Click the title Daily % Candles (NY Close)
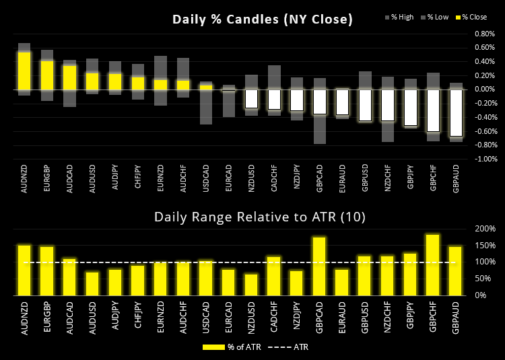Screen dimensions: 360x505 [262, 20]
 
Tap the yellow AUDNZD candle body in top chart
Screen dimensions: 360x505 [24, 71]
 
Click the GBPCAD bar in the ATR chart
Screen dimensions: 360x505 [320, 266]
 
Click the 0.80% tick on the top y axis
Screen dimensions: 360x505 [485, 34]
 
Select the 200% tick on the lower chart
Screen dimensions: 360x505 [485, 229]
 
